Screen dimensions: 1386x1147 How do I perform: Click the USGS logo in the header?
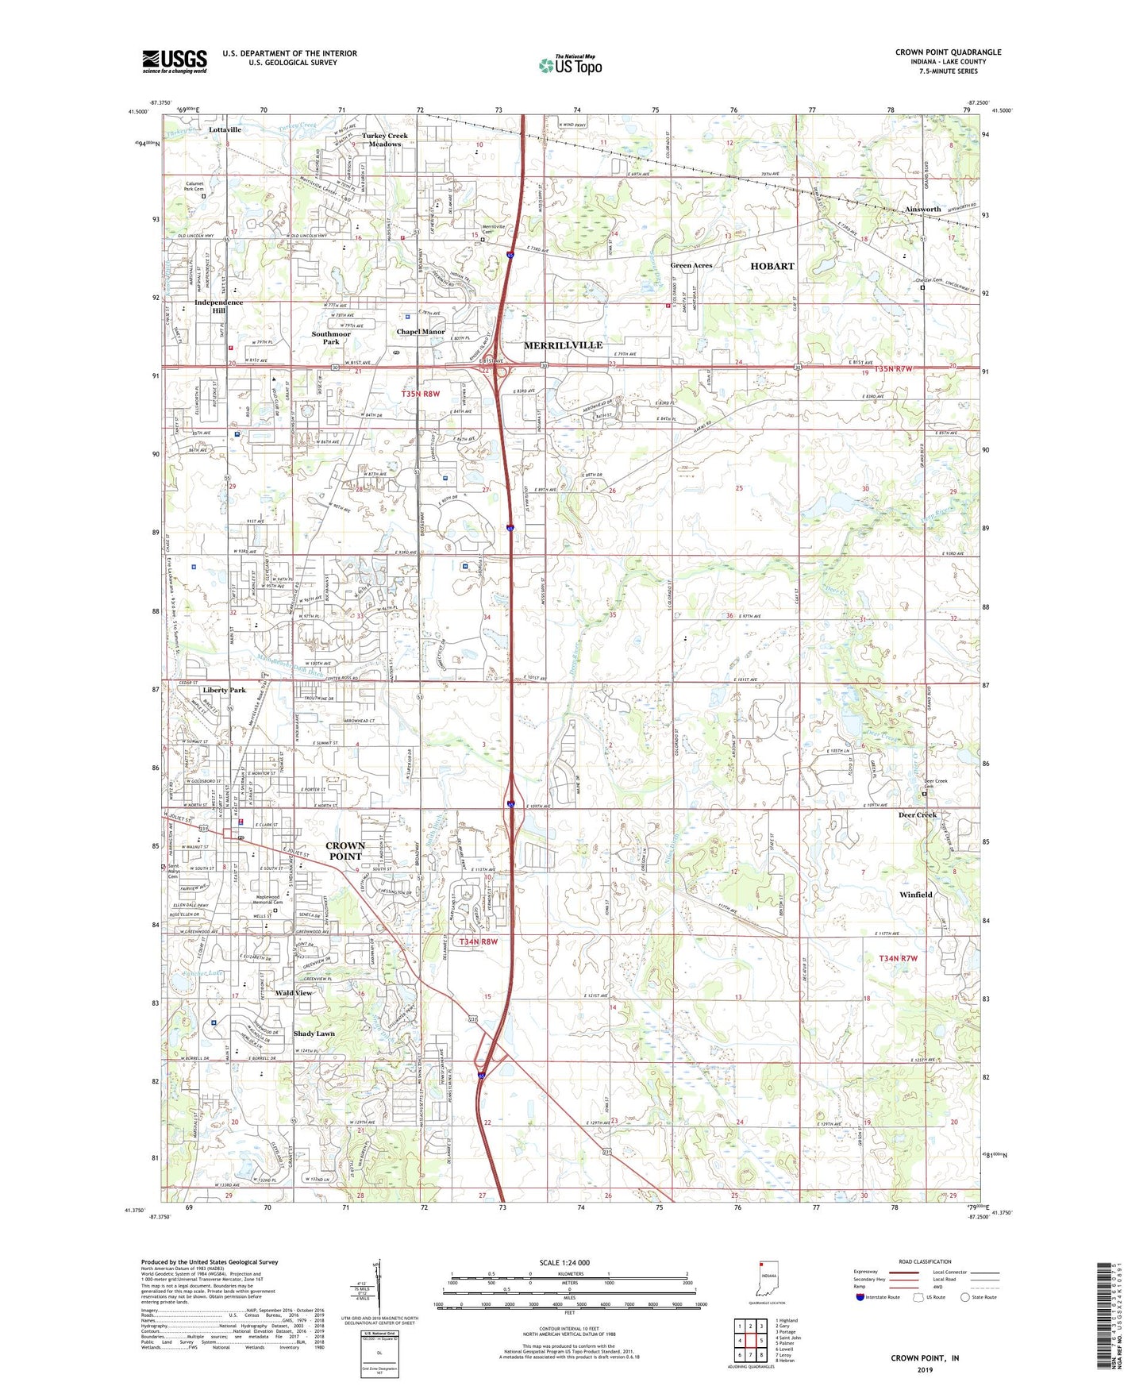175,61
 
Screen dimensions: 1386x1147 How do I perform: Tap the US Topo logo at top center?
570,65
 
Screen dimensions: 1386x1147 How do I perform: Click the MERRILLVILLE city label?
563,345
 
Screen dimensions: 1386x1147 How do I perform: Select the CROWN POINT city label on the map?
345,851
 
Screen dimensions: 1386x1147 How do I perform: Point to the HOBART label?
772,267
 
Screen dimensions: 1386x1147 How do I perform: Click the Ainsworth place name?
922,210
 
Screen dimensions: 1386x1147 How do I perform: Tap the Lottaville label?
225,129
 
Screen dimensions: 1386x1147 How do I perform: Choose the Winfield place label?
915,895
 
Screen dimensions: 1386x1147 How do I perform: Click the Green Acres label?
691,265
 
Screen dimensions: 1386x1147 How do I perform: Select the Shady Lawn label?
314,1034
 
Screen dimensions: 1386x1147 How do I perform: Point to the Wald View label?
294,993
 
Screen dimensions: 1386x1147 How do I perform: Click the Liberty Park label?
224,691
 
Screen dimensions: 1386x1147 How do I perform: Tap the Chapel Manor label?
421,332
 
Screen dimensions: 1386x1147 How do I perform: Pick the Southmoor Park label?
331,338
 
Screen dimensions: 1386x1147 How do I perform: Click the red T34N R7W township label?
897,958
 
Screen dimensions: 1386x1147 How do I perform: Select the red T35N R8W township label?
420,394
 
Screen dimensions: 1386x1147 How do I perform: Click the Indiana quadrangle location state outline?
767,1278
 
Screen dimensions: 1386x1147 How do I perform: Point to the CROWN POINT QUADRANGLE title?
948,52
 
